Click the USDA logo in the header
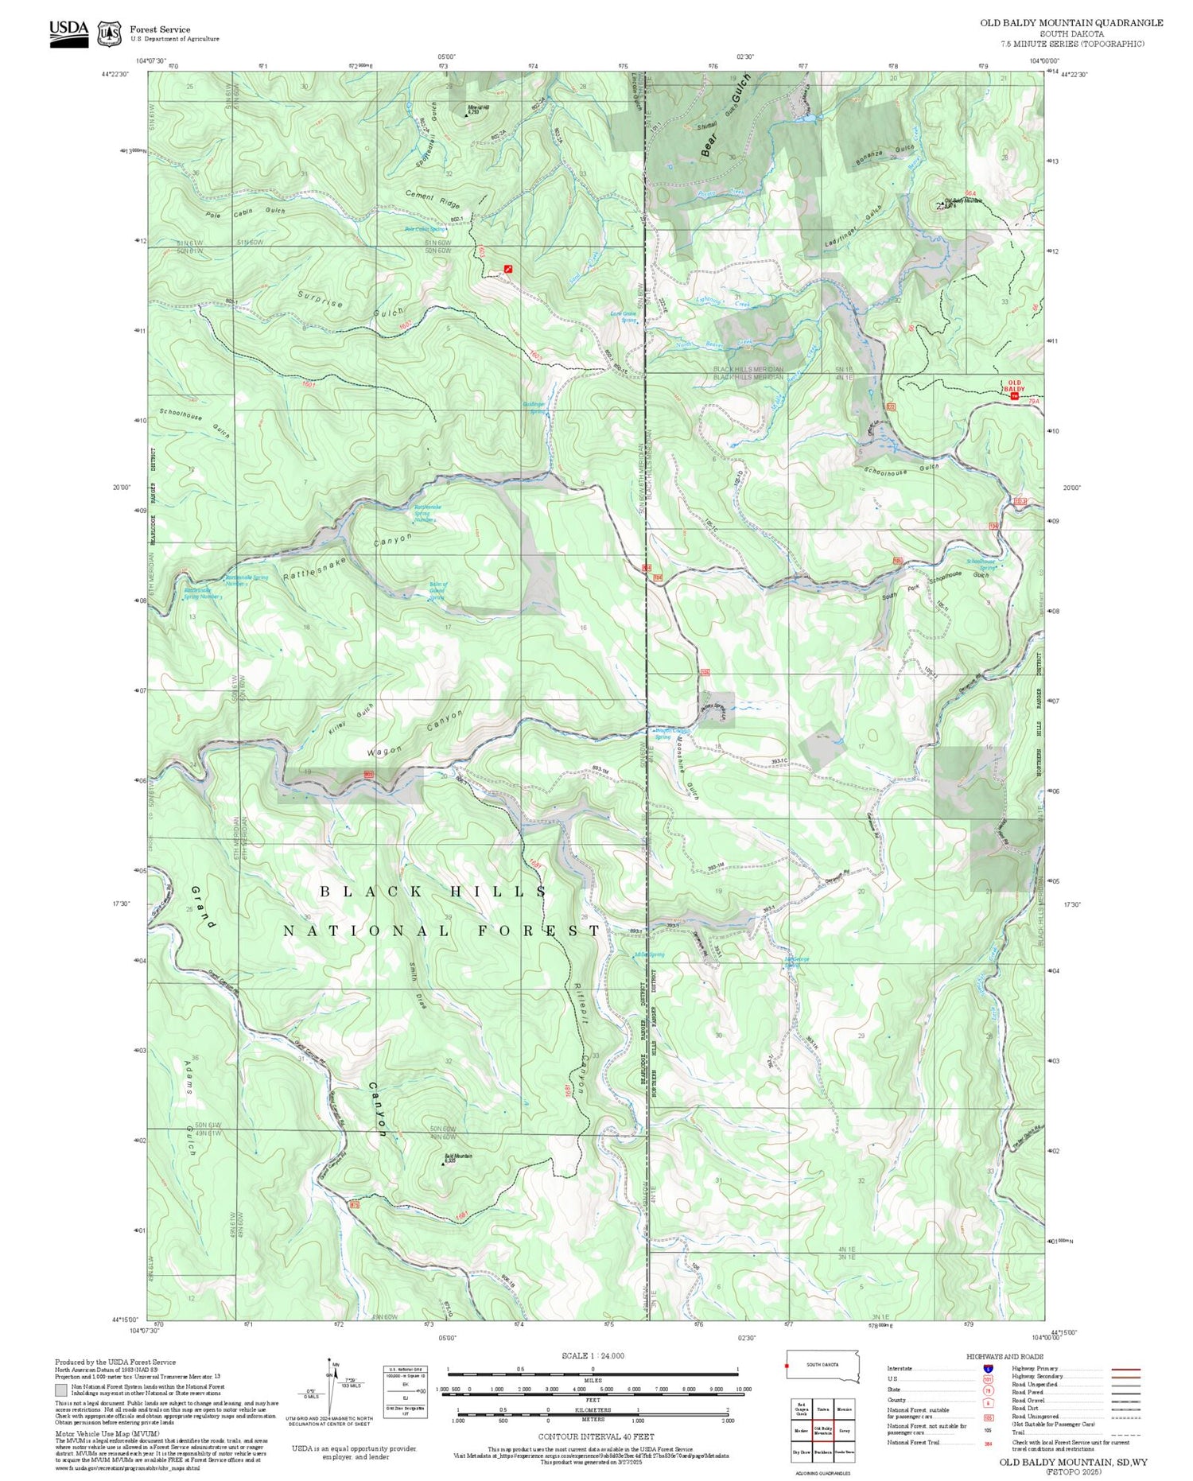click(x=68, y=33)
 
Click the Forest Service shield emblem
click(x=109, y=34)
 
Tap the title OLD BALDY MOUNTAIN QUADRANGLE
click(x=1071, y=23)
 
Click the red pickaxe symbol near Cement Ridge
click(x=508, y=269)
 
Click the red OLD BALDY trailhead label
click(x=1014, y=387)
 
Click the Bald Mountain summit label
click(x=448, y=1158)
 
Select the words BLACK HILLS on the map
click(x=433, y=892)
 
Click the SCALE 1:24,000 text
click(x=593, y=1356)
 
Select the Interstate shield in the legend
click(x=987, y=1368)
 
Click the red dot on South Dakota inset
click(x=787, y=1366)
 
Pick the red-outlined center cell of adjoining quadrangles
click(x=822, y=1430)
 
